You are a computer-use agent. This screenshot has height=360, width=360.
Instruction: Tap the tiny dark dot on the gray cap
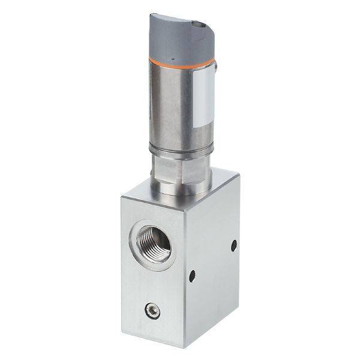171,59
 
